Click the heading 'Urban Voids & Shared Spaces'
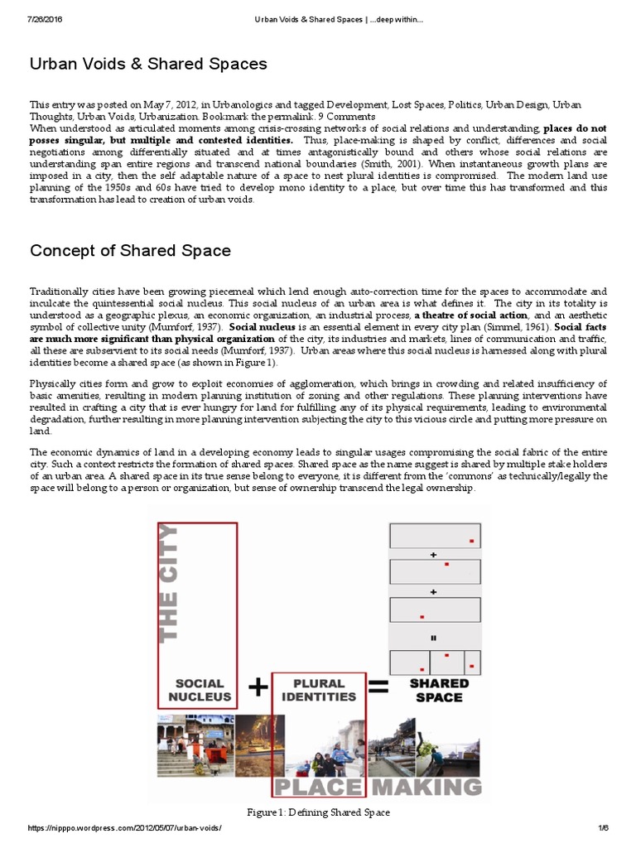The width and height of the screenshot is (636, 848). click(x=148, y=64)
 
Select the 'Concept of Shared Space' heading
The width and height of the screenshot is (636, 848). click(x=130, y=250)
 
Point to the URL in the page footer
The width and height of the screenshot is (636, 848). click(x=125, y=828)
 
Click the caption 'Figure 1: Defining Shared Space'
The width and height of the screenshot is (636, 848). click(x=317, y=812)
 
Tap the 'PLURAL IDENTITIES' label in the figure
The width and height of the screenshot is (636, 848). click(x=318, y=690)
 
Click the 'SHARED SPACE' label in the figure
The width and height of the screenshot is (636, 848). click(x=439, y=690)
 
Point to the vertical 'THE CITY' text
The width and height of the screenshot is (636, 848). click(x=168, y=581)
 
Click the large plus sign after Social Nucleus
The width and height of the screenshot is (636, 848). click(x=258, y=687)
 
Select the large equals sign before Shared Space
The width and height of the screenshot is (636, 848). click(x=378, y=686)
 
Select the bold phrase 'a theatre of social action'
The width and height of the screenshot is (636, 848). click(x=471, y=316)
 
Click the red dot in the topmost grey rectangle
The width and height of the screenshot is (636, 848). click(x=470, y=542)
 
